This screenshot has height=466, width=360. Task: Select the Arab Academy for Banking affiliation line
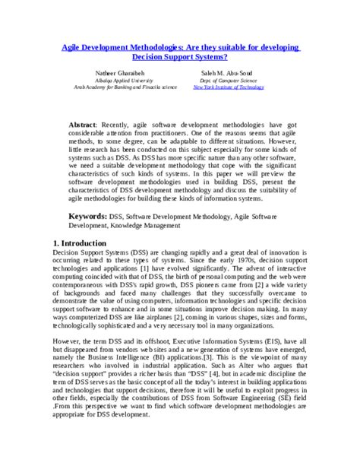[x=115, y=87]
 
